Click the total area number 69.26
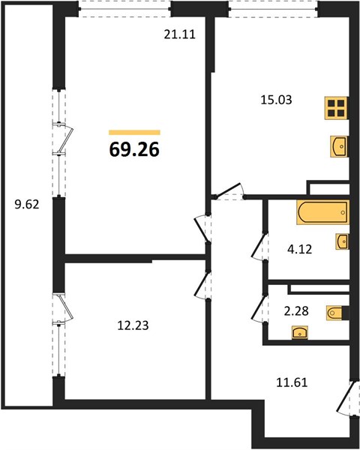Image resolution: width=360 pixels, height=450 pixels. [x=134, y=149]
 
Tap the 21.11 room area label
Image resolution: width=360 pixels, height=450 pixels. [x=180, y=34]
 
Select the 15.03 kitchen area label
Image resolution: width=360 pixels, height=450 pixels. [x=276, y=100]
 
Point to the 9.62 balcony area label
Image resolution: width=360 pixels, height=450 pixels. [x=27, y=205]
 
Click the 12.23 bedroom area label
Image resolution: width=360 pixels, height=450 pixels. [x=133, y=325]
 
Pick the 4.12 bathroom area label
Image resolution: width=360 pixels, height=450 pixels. [x=299, y=249]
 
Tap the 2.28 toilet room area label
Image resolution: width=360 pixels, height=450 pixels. [x=296, y=310]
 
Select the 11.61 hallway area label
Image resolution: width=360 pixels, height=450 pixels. [x=292, y=382]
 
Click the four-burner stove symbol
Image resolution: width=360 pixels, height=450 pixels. [x=336, y=108]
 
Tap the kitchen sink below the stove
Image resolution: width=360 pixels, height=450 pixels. [x=339, y=146]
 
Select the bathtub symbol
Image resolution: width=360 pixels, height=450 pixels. [x=323, y=212]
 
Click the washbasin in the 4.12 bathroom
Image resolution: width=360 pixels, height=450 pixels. [x=343, y=241]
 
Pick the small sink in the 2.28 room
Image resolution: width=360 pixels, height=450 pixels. [x=300, y=332]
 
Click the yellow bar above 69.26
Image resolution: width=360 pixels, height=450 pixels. [x=134, y=132]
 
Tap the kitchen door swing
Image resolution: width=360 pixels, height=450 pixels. [x=229, y=190]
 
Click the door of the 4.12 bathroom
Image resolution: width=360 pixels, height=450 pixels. [x=259, y=246]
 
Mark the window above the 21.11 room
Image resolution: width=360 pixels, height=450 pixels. [x=124, y=9]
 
